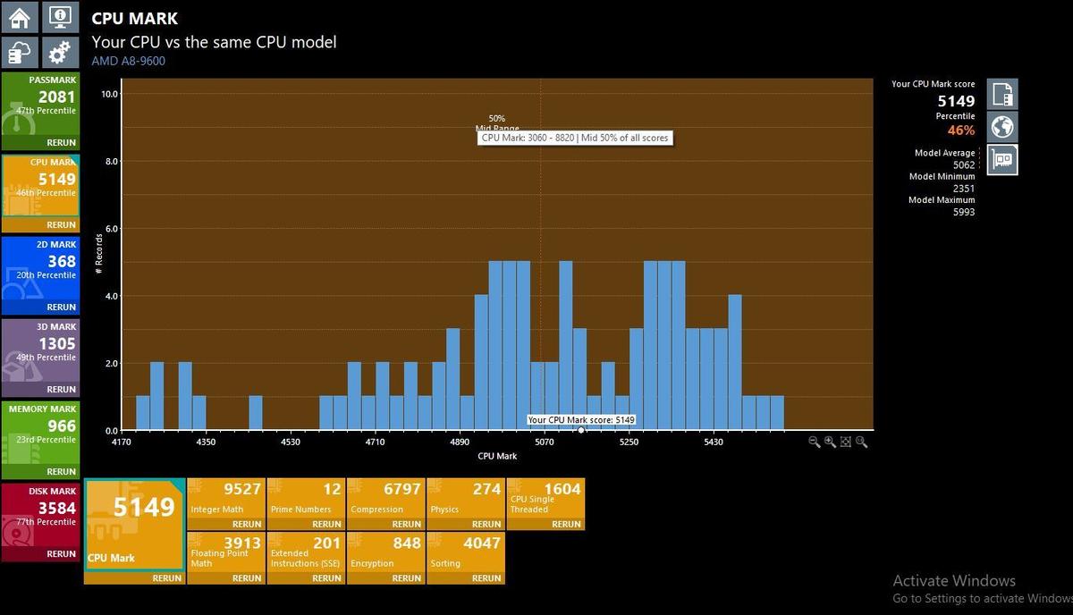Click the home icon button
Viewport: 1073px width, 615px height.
20,17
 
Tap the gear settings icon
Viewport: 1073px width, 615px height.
60,51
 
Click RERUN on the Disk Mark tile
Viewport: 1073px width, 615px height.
61,553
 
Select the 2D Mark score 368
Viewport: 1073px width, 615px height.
62,261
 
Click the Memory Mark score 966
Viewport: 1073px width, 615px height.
62,425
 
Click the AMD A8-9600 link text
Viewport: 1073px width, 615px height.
129,61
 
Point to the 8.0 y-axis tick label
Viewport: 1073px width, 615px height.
111,162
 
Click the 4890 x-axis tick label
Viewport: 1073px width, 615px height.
460,442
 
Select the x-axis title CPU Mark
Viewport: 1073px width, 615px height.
497,456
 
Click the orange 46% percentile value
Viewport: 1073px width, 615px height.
961,131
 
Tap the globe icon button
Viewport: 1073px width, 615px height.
1002,127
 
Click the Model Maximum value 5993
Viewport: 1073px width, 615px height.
964,212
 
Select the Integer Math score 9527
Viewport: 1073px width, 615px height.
242,489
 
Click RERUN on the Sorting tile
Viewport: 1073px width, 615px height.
486,578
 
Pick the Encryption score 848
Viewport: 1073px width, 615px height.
407,543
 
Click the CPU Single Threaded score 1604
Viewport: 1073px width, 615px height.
562,489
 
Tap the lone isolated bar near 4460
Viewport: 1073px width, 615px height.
256,413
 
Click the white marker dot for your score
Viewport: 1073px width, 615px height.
581,430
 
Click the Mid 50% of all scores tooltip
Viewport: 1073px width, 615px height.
575,138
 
